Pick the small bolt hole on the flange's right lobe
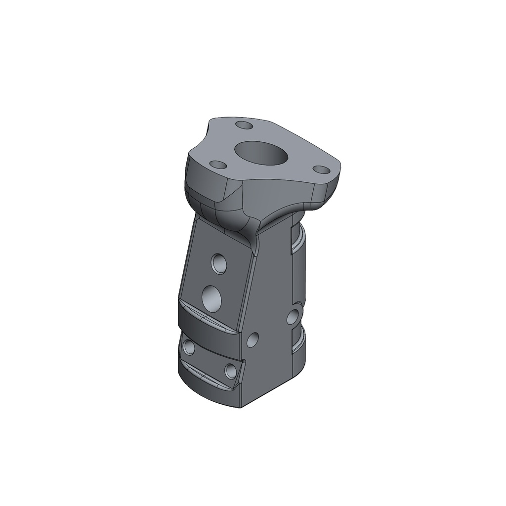coord(322,169)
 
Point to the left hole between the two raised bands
coord(188,347)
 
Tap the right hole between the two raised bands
coord(230,370)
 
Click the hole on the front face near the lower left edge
coord(253,339)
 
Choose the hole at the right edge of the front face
coord(293,315)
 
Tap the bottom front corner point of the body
coord(241,408)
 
